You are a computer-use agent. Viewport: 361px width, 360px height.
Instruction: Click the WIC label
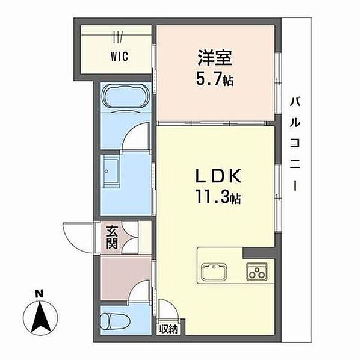point(119,57)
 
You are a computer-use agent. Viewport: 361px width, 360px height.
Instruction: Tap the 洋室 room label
point(215,58)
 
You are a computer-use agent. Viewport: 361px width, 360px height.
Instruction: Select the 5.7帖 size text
point(215,79)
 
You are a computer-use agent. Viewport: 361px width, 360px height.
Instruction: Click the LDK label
point(218,176)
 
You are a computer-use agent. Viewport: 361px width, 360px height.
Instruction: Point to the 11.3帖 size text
point(218,197)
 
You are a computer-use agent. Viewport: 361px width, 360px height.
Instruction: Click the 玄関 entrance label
point(112,237)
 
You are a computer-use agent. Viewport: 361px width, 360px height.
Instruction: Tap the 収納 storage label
point(168,330)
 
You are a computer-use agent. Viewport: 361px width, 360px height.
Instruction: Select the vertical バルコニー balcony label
point(295,144)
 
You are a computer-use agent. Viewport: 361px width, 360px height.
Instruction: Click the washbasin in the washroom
point(111,171)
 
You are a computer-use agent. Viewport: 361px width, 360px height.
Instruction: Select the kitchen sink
point(214,272)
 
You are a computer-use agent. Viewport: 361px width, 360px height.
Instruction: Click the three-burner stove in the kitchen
point(257,272)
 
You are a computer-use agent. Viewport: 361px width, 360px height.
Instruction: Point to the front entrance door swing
point(78,238)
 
